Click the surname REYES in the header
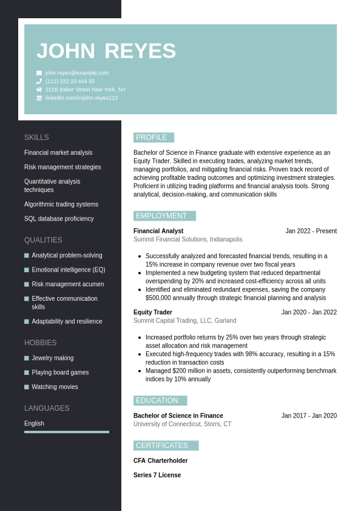(140, 51)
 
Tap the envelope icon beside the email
(39, 73)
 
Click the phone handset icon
(39, 81)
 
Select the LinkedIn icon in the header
(39, 98)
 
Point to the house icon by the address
(39, 89)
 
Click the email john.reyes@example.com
(77, 73)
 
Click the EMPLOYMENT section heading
(161, 216)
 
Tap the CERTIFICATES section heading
(162, 445)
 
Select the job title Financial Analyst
(158, 231)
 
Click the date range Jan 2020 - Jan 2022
(309, 312)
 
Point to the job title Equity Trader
(153, 312)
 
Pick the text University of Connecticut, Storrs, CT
(182, 424)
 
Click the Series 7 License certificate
(157, 475)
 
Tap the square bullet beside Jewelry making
(27, 358)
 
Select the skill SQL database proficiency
(59, 219)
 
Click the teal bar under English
(67, 432)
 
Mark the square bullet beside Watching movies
(27, 387)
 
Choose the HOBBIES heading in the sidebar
(41, 343)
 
